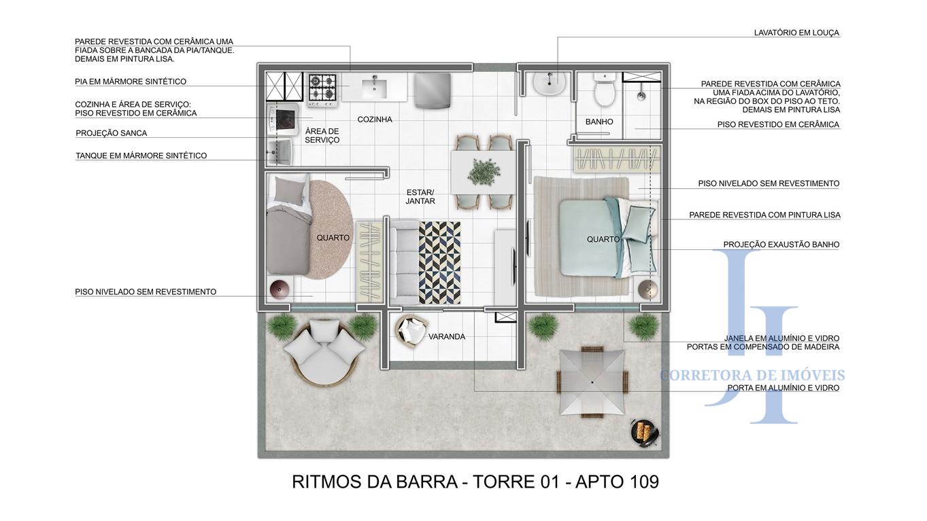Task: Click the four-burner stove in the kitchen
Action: coord(322,89)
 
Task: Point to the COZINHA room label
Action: coord(375,120)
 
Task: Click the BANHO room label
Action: coord(599,122)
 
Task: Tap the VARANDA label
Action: coord(447,337)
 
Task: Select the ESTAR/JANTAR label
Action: coord(420,197)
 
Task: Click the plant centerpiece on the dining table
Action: coord(484,170)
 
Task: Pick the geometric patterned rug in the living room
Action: coord(439,262)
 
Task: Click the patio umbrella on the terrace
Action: coord(591,382)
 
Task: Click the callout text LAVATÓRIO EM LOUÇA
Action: coord(796,33)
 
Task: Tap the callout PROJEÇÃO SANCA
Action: coord(111,133)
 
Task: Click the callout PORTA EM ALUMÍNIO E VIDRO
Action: coord(783,388)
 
